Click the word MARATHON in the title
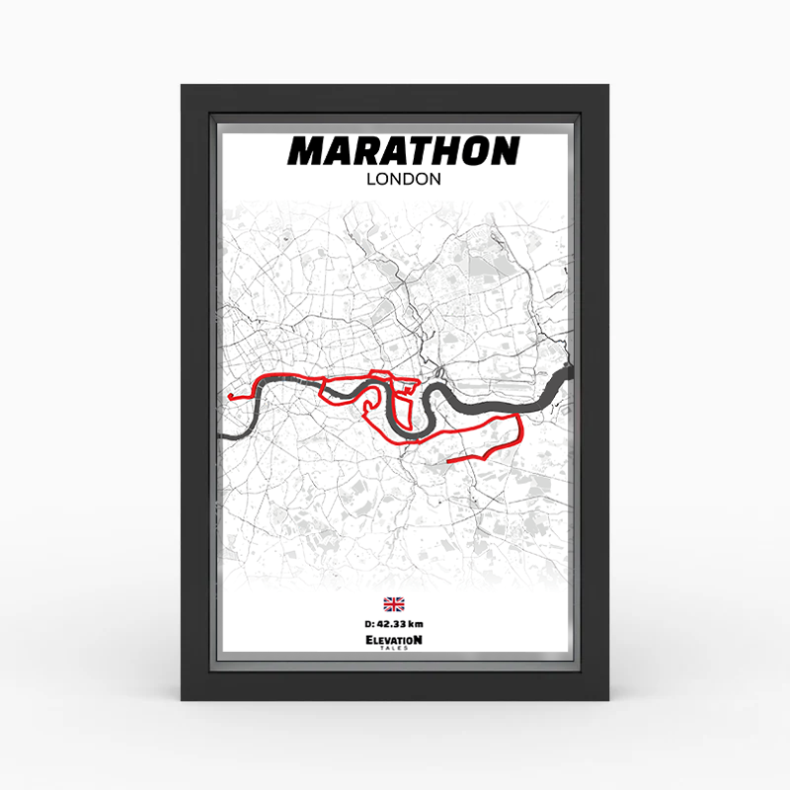pos(403,151)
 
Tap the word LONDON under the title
pos(403,180)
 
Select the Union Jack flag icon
pos(394,604)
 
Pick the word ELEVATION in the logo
pos(394,640)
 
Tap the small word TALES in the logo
pos(394,649)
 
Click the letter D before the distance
pos(367,623)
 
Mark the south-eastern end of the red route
pos(449,460)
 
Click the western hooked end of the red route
pos(229,397)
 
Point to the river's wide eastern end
pos(564,373)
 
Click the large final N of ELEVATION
pos(418,639)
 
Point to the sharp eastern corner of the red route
pos(520,418)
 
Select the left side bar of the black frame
pos(196,395)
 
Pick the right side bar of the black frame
pos(595,395)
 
